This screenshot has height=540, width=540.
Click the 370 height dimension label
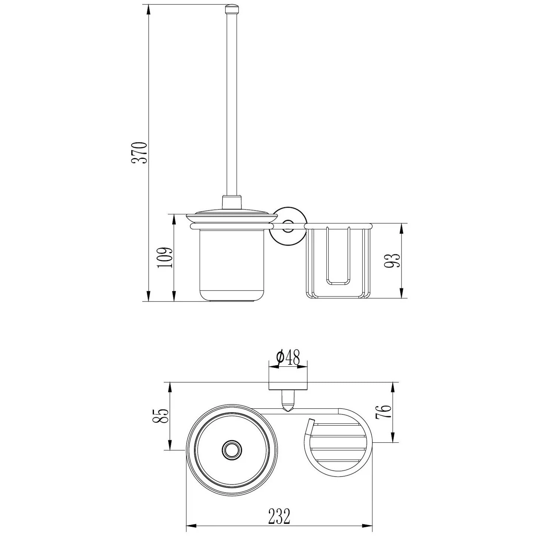[x=139, y=153]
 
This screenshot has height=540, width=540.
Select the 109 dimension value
[x=164, y=258]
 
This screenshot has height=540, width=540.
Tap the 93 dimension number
[x=391, y=261]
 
